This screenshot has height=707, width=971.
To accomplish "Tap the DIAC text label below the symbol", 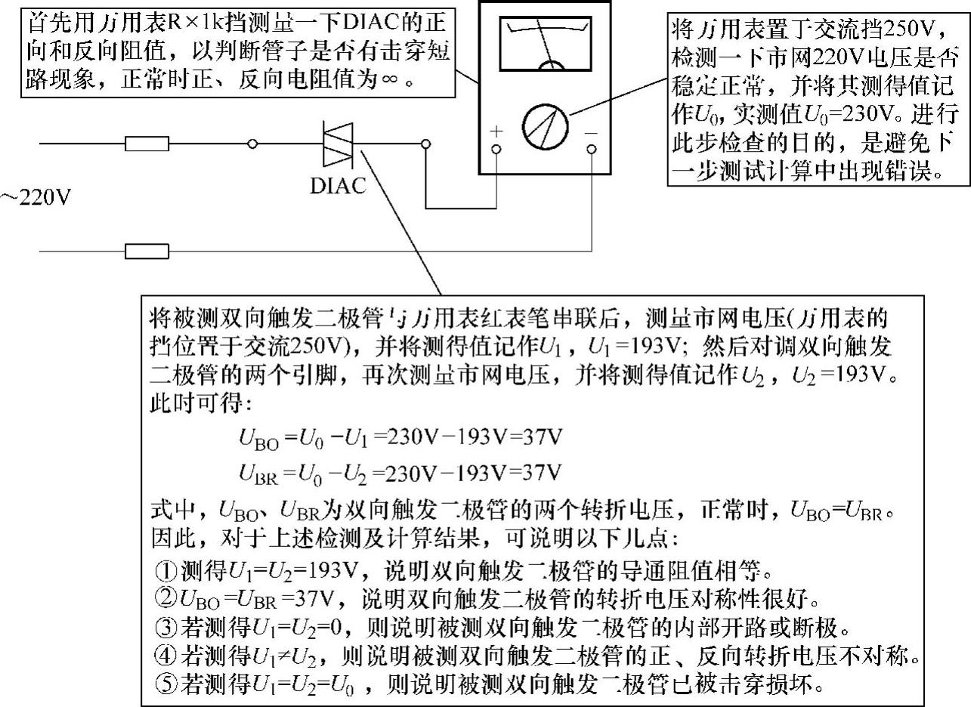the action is (x=337, y=185).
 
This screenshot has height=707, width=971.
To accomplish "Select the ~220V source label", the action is (x=35, y=199).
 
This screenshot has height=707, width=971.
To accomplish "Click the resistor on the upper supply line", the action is (x=147, y=144).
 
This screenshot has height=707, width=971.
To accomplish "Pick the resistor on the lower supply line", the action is (x=147, y=251).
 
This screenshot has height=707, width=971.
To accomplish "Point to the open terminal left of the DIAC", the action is (x=253, y=144).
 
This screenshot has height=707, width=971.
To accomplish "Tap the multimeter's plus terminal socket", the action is (x=496, y=150).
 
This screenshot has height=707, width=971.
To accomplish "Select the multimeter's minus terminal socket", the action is (x=590, y=150).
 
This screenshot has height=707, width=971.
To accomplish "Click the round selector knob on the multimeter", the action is (x=544, y=123).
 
